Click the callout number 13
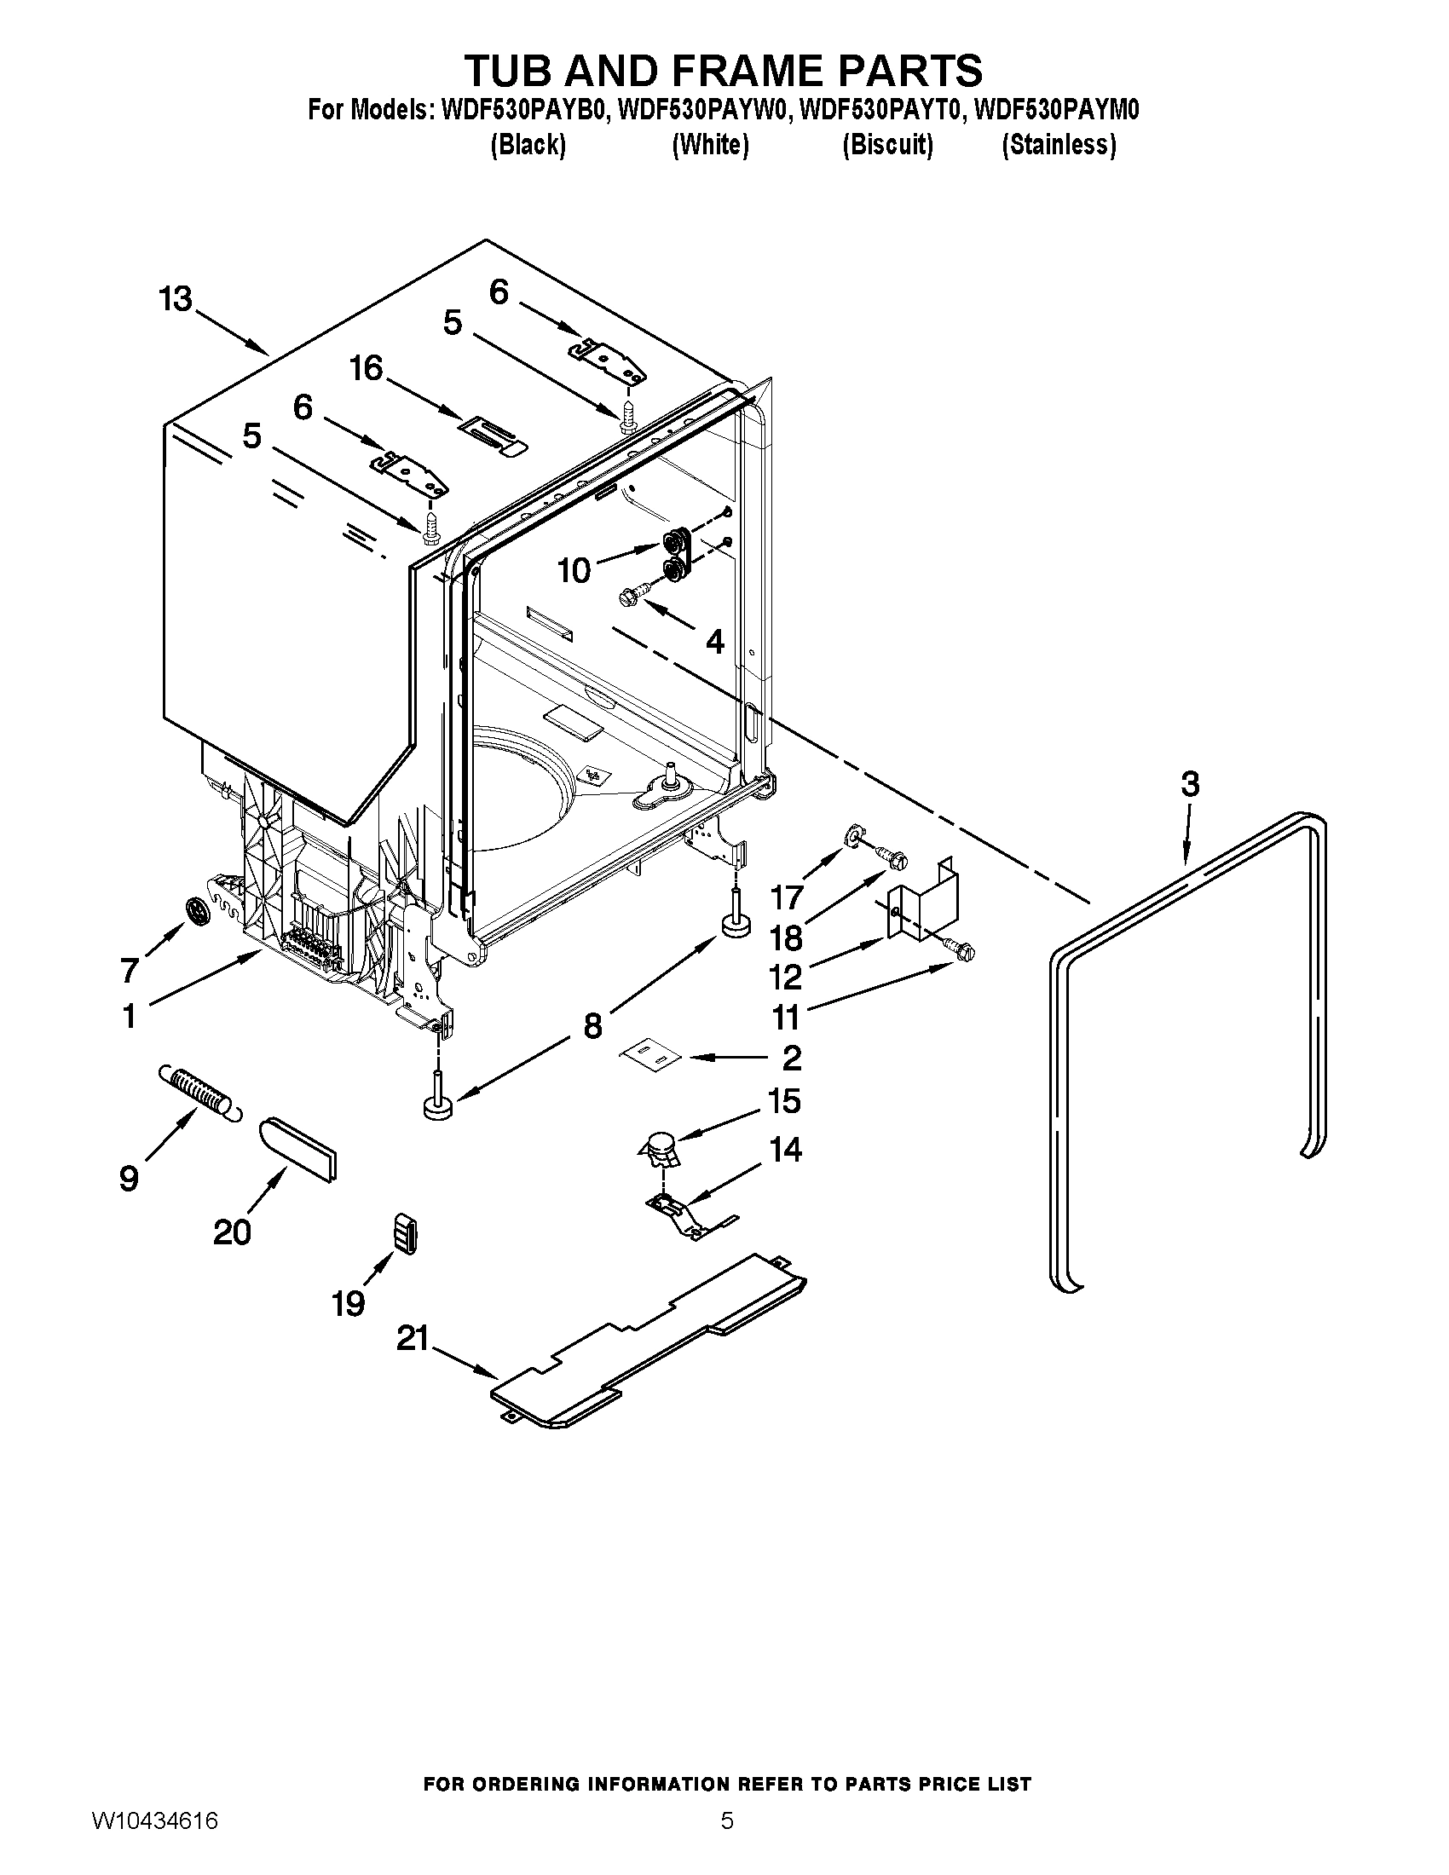pos(176,301)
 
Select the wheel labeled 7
pos(199,911)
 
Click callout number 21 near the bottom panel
pos(412,1338)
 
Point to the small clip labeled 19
pos(405,1234)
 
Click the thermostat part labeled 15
pos(660,1148)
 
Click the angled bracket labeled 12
pos(923,902)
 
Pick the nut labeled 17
pos(854,834)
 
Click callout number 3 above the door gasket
pos(1190,784)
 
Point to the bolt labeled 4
pos(632,594)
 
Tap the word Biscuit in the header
pos(887,145)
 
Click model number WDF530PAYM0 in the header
pos(1057,111)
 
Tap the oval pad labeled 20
pos(297,1150)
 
